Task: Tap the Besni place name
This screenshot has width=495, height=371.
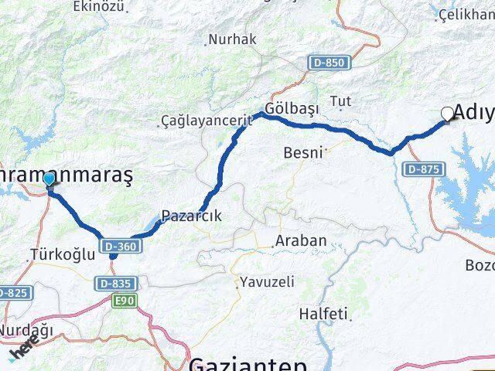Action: (x=302, y=152)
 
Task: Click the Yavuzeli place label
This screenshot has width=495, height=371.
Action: (x=267, y=282)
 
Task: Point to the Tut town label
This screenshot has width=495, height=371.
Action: (x=340, y=101)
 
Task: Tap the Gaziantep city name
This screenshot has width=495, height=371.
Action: (x=247, y=363)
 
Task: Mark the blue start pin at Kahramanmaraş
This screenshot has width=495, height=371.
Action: (x=49, y=181)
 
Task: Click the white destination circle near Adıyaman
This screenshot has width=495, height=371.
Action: (x=447, y=114)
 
